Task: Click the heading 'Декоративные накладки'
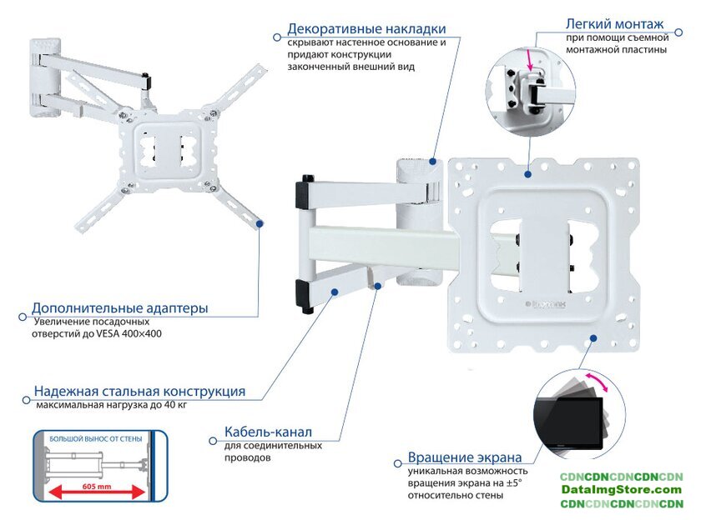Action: (x=366, y=29)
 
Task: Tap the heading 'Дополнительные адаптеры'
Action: (x=120, y=308)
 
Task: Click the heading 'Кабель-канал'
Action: (x=268, y=432)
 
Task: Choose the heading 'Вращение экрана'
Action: (x=465, y=457)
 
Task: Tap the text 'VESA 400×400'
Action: (x=130, y=333)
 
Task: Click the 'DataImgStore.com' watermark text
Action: (x=622, y=490)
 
